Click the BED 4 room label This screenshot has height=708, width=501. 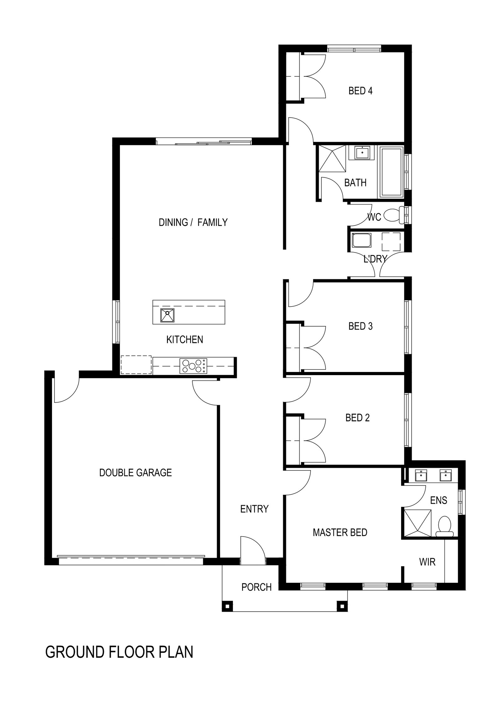[360, 91]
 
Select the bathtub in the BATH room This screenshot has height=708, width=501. [391, 172]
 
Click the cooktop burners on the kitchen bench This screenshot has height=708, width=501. [193, 366]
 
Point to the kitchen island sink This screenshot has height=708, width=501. [167, 315]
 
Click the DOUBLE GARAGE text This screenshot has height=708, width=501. [135, 472]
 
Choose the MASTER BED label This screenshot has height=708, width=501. [340, 532]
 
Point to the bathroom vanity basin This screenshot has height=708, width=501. [363, 153]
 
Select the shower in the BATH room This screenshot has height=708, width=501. [332, 158]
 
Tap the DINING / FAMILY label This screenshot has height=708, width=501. [193, 222]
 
